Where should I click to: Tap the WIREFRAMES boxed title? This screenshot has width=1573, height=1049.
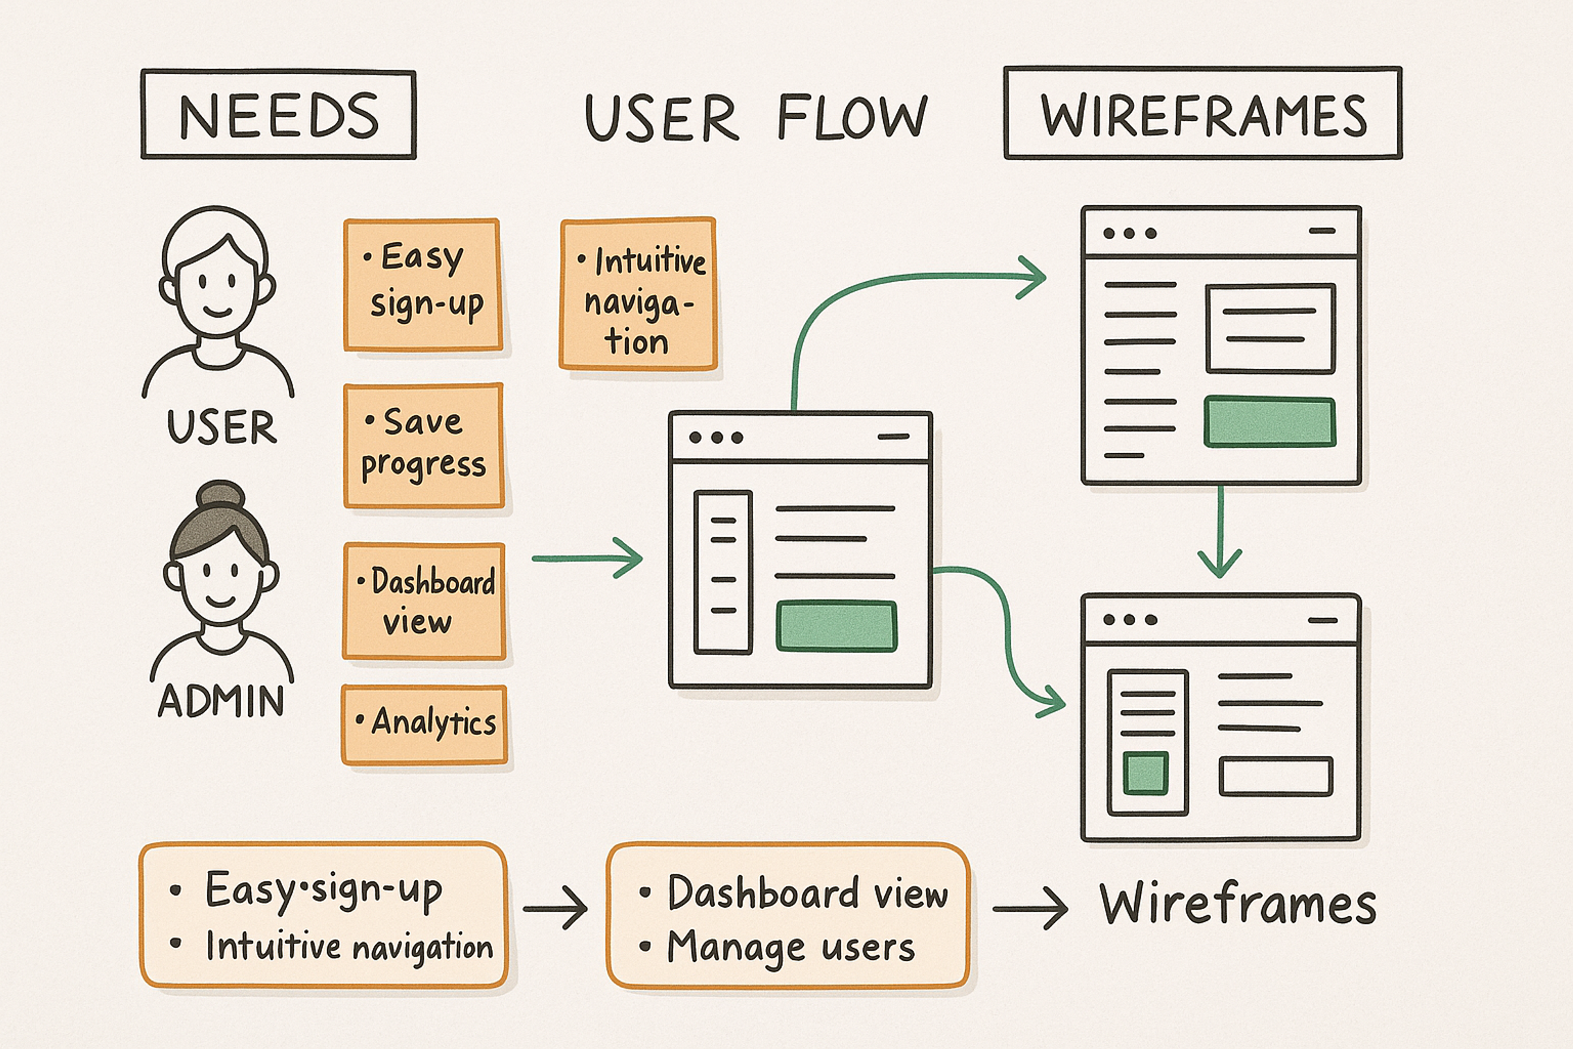tap(1203, 114)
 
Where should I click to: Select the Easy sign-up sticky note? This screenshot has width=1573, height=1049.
tap(423, 284)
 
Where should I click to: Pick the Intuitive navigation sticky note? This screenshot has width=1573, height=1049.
tap(638, 294)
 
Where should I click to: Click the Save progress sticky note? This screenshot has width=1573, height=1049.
tap(423, 445)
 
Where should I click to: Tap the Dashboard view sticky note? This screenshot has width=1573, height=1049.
tap(424, 601)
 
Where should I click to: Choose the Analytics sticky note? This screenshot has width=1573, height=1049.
tap(425, 724)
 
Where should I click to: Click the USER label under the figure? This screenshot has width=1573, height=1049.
tap(221, 427)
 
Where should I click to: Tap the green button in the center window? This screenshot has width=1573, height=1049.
tap(836, 626)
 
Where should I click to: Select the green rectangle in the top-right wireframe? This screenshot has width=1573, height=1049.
tap(1269, 422)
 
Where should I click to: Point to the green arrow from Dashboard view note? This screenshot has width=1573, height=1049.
tap(587, 557)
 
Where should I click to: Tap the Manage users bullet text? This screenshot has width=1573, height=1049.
tap(791, 947)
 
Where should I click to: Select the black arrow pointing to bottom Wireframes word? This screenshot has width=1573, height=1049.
tap(1030, 908)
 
